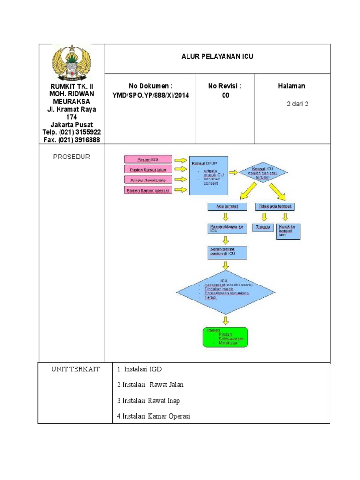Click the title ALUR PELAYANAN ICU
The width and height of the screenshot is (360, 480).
pyautogui.click(x=217, y=56)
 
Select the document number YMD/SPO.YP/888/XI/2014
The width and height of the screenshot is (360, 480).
pyautogui.click(x=151, y=95)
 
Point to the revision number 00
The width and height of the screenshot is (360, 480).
pyautogui.click(x=225, y=95)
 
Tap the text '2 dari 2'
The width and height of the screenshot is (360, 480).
pyautogui.click(x=297, y=104)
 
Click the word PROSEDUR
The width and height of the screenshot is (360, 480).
pyautogui.click(x=71, y=157)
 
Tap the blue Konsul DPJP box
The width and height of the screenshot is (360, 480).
pyautogui.click(x=208, y=175)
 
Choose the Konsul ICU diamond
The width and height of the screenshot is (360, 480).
pyautogui.click(x=262, y=172)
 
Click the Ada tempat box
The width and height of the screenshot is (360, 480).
pyautogui.click(x=226, y=206)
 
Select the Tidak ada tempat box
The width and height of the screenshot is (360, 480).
pyautogui.click(x=276, y=206)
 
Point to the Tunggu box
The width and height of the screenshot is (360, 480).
pyautogui.click(x=263, y=227)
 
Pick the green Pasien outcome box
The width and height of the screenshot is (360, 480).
pyautogui.click(x=225, y=336)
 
